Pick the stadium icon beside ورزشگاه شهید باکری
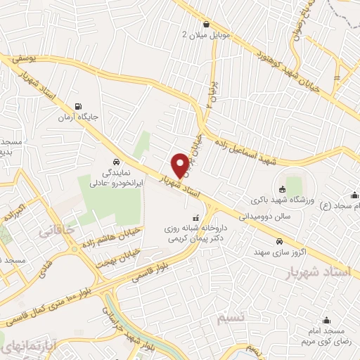point(281,188)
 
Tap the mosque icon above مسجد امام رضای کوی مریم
point(326,319)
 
